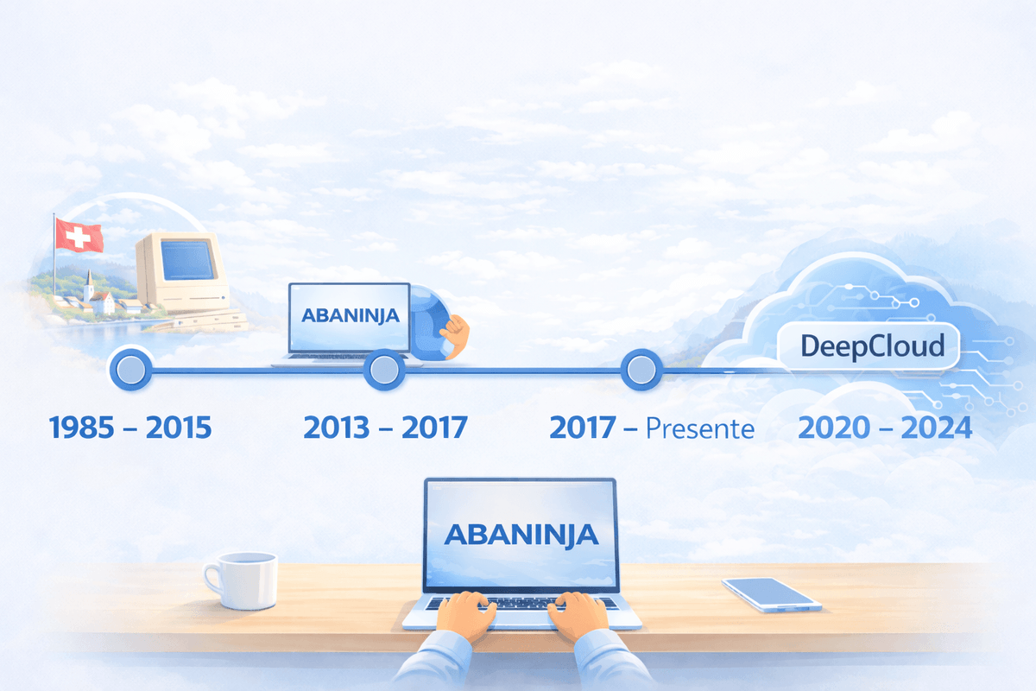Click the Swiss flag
[x=79, y=235]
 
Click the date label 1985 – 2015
[x=130, y=428]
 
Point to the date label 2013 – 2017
[x=385, y=428]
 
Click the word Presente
[x=700, y=428]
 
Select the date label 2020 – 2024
[x=885, y=428]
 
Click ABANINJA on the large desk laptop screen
[x=521, y=534]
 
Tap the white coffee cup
[x=242, y=580]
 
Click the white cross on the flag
[x=77, y=236]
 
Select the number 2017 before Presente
[x=583, y=428]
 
